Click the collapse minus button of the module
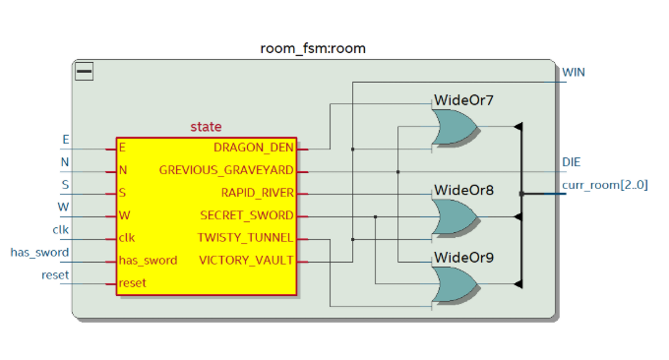coord(85,71)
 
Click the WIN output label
coord(575,73)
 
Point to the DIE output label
coord(572,161)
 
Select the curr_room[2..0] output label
coord(604,184)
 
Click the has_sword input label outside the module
coord(38,253)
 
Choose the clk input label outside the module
coord(60,231)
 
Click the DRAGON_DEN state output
coord(253,149)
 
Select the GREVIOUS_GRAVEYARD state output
coord(226,171)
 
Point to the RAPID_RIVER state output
coord(257,194)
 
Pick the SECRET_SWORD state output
coord(247,215)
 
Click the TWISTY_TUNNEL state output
coord(246,238)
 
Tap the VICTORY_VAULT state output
coord(246,261)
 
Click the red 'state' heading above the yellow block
coord(206,127)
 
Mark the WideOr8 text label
coord(463,189)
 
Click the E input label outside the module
coord(66,140)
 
